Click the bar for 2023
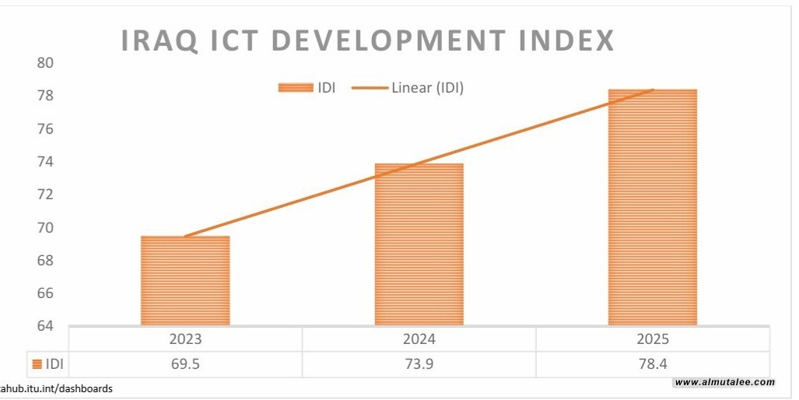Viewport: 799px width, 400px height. point(185,280)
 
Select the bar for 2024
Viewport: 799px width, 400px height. point(419,244)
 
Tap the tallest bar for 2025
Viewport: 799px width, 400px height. point(652,207)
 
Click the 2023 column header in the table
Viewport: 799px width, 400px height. point(185,339)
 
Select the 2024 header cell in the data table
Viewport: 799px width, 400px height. point(419,339)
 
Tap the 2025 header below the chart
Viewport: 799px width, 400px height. point(652,339)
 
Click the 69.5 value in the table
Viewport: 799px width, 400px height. point(185,363)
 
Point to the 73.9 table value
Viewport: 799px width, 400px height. point(419,363)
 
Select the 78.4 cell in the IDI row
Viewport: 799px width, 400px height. point(652,363)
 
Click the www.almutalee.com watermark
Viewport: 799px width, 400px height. point(724,382)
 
